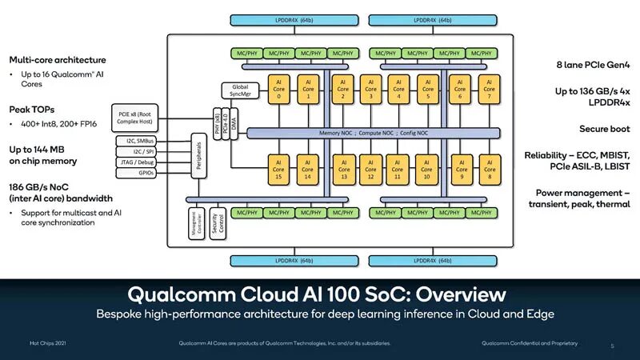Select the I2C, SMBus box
[142, 140]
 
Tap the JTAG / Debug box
[142, 161]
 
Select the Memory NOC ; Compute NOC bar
[374, 132]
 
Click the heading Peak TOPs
[32, 109]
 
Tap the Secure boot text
[605, 129]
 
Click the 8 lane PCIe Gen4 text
[590, 65]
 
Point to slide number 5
[612, 346]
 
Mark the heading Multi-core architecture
[58, 60]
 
